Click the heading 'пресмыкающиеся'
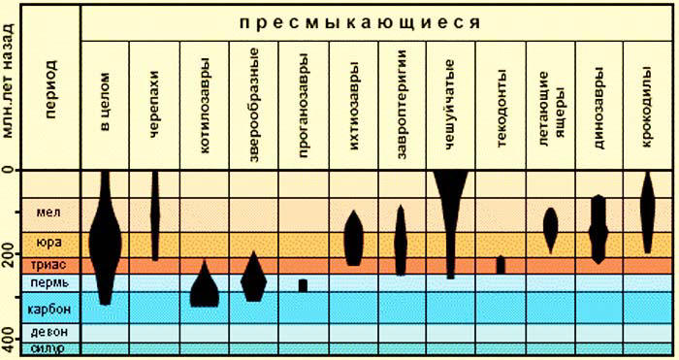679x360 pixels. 377,20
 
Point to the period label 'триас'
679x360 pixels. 48,264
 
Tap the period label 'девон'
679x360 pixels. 48,333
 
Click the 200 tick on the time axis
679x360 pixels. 10,258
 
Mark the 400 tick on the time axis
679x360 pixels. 10,345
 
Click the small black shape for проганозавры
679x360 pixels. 303,285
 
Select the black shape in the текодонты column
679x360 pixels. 501,264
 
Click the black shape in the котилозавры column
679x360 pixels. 205,289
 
